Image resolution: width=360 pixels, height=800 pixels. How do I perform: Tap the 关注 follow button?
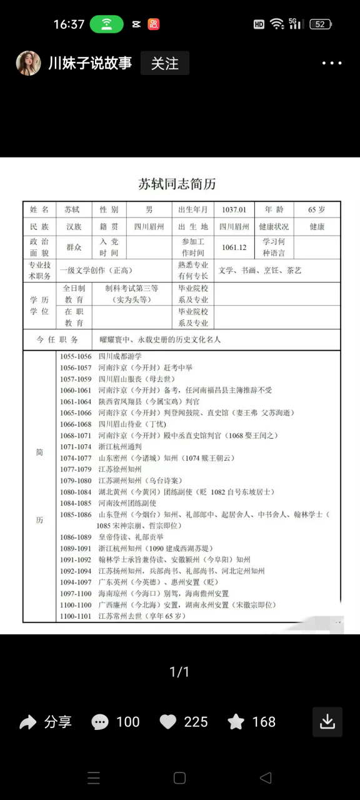(164, 64)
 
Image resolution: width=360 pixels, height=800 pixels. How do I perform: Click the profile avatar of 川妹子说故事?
(29, 63)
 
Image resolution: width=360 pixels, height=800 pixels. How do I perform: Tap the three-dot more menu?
(332, 64)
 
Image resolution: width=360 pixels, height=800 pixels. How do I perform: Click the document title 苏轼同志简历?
(177, 184)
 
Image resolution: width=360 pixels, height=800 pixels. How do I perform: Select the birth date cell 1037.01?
(234, 209)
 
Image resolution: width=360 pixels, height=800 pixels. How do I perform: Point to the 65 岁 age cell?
(317, 209)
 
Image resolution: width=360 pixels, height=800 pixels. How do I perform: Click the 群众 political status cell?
(74, 247)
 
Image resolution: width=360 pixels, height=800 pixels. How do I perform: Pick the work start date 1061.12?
(234, 247)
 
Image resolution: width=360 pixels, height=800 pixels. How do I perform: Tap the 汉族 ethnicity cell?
(74, 227)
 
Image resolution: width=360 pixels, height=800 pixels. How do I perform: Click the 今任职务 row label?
(57, 339)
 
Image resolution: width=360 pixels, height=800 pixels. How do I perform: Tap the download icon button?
(327, 722)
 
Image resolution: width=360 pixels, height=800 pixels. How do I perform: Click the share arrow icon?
(28, 722)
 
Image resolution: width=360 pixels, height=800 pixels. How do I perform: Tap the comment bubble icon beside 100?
(100, 722)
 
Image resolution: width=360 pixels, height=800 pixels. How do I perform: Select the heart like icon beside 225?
(168, 722)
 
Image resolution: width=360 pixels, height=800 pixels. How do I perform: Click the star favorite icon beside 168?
(236, 722)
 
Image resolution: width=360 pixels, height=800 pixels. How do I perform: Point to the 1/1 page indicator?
(179, 672)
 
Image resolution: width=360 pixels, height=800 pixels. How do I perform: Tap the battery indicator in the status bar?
(320, 24)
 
